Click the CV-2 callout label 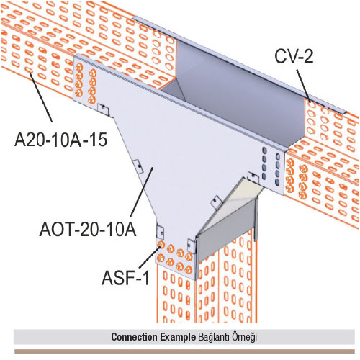pyautogui.click(x=294, y=56)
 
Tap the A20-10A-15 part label pyautogui.click(x=61, y=140)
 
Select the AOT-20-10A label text pyautogui.click(x=88, y=230)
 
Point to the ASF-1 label pyautogui.click(x=126, y=278)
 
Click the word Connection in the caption pyautogui.click(x=132, y=337)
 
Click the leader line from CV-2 pyautogui.click(x=304, y=86)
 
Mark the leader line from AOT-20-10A pyautogui.click(x=142, y=192)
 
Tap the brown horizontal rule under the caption pyautogui.click(x=184, y=351)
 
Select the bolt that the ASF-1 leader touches pyautogui.click(x=161, y=245)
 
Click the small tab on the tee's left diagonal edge pyautogui.click(x=138, y=166)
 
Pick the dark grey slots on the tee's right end pyautogui.click(x=271, y=166)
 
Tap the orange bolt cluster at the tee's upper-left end pyautogui.click(x=86, y=83)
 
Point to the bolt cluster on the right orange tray pyautogui.click(x=297, y=179)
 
